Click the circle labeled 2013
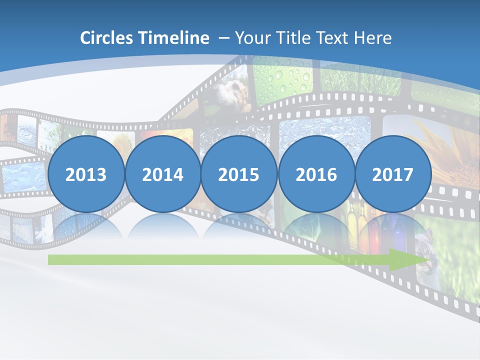click(86, 174)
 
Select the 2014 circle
click(163, 174)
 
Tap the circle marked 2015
click(239, 174)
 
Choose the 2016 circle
click(316, 174)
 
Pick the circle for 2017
click(393, 174)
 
